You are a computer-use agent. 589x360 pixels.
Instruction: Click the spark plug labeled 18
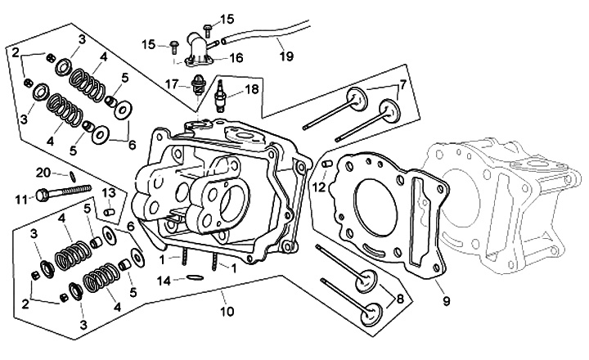221,96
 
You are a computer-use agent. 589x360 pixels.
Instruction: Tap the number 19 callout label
286,56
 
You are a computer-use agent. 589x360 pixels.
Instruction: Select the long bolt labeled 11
64,191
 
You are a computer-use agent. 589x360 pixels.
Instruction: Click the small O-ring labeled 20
72,175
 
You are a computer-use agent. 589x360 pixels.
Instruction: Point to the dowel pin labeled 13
109,212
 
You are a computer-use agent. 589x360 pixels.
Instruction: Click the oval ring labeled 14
195,277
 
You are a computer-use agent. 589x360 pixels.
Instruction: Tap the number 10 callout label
227,312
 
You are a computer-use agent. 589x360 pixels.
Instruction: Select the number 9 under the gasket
447,301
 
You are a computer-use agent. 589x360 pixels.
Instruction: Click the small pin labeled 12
326,164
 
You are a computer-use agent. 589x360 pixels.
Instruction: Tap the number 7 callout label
402,85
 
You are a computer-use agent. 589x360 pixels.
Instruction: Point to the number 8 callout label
400,299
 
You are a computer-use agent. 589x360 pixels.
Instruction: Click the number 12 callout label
319,187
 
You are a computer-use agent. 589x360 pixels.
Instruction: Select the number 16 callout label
236,58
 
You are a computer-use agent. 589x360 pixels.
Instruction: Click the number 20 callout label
43,173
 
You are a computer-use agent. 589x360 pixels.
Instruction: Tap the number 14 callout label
164,281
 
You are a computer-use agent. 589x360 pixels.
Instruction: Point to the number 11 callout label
21,199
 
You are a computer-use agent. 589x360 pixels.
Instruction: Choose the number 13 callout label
109,193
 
